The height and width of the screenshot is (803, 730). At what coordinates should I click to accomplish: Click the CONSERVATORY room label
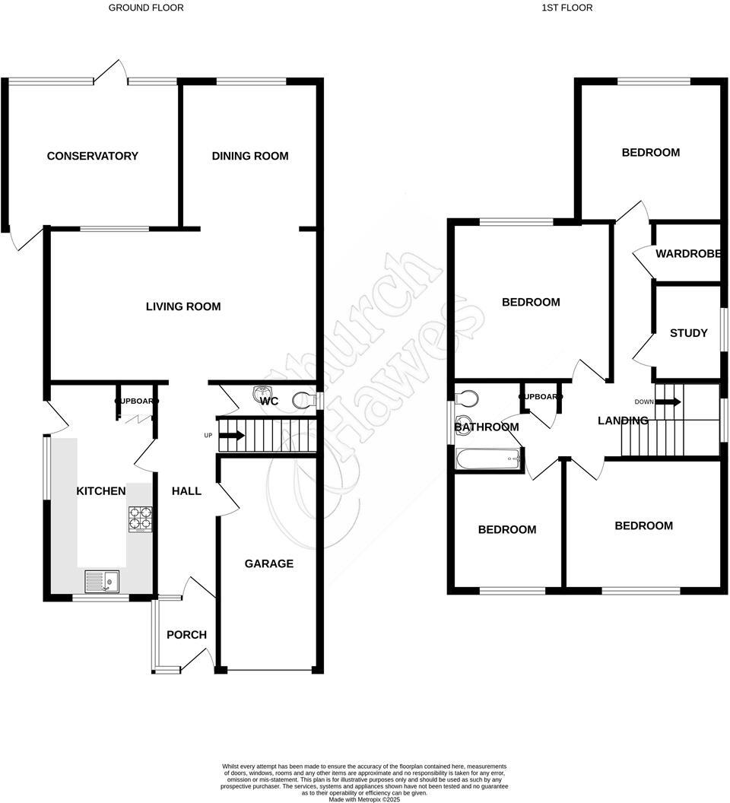click(x=92, y=156)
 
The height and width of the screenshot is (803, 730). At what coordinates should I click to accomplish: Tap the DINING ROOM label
click(x=249, y=156)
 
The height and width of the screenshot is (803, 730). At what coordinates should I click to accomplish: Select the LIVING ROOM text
click(x=183, y=306)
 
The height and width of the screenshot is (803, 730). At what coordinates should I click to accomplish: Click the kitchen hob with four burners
click(x=141, y=518)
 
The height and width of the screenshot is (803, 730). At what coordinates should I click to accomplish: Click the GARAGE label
click(x=268, y=563)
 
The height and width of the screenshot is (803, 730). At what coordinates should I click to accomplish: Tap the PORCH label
click(x=186, y=634)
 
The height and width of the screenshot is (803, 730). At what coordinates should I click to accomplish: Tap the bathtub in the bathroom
click(x=487, y=459)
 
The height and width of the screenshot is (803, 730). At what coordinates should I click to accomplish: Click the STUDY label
click(x=688, y=333)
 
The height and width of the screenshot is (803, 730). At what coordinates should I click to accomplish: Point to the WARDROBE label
click(x=687, y=253)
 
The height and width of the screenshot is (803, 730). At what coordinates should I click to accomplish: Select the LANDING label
click(x=623, y=421)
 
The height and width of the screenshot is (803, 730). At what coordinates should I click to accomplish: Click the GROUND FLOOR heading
click(x=146, y=8)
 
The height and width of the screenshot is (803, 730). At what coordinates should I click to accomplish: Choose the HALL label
click(x=186, y=490)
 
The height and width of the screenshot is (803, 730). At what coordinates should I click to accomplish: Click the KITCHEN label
click(x=101, y=490)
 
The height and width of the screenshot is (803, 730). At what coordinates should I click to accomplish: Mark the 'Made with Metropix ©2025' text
click(x=364, y=798)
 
